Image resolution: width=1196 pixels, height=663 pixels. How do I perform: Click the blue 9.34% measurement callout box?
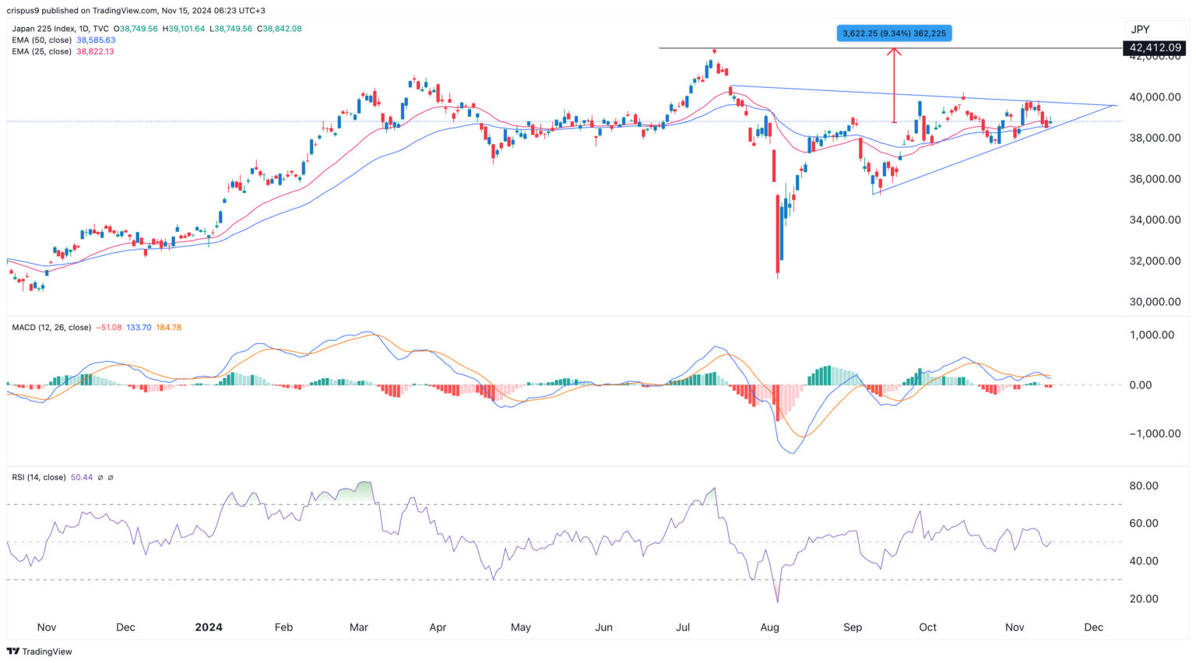click(x=894, y=33)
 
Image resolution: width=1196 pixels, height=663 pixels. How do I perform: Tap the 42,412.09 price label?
click(x=1155, y=48)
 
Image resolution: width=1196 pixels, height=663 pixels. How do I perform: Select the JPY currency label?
click(x=1140, y=30)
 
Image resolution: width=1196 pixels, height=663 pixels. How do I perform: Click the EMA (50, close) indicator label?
click(x=41, y=40)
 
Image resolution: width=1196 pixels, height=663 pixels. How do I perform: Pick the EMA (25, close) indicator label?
click(x=41, y=51)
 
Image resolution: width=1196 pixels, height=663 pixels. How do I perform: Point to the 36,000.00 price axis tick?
click(x=1155, y=179)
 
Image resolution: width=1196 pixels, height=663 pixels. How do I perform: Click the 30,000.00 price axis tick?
click(x=1155, y=302)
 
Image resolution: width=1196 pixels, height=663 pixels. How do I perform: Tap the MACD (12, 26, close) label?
click(x=51, y=328)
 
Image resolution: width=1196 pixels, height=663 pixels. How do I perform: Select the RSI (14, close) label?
click(x=39, y=477)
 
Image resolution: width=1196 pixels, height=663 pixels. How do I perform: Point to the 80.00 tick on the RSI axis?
click(x=1145, y=486)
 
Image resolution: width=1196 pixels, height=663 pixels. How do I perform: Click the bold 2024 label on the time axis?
click(x=209, y=627)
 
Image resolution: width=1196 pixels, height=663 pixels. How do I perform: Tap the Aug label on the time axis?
click(x=769, y=627)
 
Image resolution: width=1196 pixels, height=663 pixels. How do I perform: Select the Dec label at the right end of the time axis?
click(x=1093, y=627)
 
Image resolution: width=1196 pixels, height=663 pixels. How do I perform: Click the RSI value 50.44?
click(x=81, y=477)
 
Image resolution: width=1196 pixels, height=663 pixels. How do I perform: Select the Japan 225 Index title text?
click(x=44, y=29)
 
